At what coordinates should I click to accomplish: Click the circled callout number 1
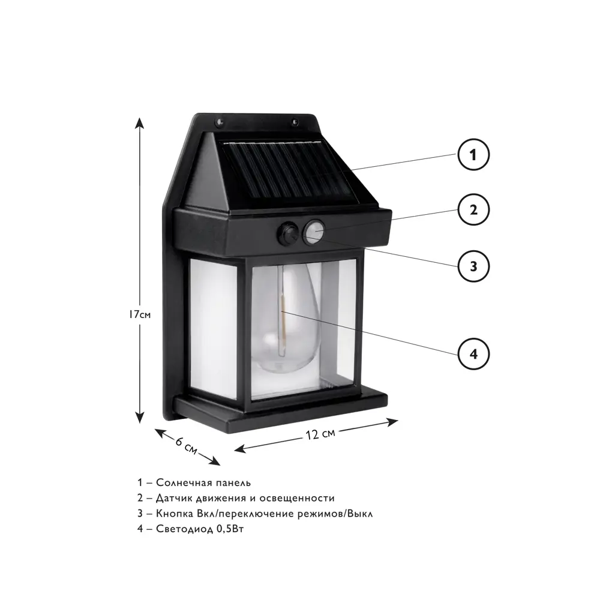[473, 155]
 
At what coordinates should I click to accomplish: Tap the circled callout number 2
[473, 209]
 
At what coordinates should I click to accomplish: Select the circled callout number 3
[473, 266]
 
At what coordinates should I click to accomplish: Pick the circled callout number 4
[473, 354]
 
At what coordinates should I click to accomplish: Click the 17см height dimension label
[140, 314]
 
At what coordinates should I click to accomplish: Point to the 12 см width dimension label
[320, 434]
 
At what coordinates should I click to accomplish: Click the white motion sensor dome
[314, 231]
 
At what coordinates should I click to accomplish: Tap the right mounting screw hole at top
[295, 122]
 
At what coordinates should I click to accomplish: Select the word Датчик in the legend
[174, 498]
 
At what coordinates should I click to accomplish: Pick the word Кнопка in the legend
[174, 514]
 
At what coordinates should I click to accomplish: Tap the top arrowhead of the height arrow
[140, 123]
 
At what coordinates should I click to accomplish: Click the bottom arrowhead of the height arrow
[140, 417]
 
